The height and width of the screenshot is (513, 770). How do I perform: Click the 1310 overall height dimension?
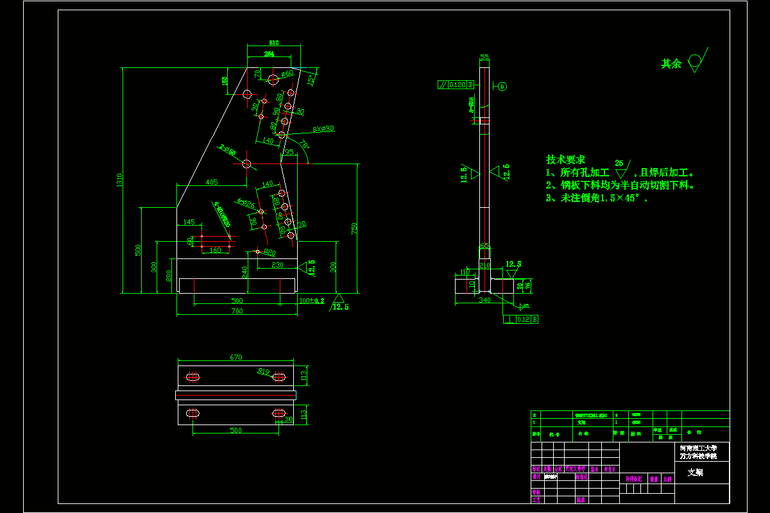pyautogui.click(x=119, y=181)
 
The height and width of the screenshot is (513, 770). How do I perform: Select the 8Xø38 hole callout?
pyautogui.click(x=323, y=128)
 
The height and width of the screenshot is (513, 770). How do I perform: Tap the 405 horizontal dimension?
pyautogui.click(x=212, y=182)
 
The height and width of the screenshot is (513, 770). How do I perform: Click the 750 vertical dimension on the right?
pyautogui.click(x=354, y=228)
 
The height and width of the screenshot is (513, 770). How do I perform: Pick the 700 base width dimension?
pyautogui.click(x=237, y=311)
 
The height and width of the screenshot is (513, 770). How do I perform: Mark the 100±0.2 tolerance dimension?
pyautogui.click(x=312, y=300)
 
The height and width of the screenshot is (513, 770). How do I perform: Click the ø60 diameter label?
pyautogui.click(x=287, y=74)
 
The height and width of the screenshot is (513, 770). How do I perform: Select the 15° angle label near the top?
pyautogui.click(x=312, y=80)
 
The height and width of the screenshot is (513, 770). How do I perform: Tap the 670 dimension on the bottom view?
pyautogui.click(x=235, y=357)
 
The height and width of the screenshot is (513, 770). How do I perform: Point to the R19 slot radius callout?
pyautogui.click(x=264, y=371)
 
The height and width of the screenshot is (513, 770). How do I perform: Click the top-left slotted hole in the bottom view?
pyautogui.click(x=193, y=376)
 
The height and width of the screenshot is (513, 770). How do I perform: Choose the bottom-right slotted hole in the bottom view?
pyautogui.click(x=278, y=414)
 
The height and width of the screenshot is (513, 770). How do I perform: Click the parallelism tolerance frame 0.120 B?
pyautogui.click(x=455, y=85)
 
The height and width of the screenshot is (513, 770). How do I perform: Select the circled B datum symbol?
pyautogui.click(x=502, y=86)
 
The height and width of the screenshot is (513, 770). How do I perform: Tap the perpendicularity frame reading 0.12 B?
pyautogui.click(x=520, y=319)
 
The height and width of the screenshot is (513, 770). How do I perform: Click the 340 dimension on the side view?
pyautogui.click(x=484, y=299)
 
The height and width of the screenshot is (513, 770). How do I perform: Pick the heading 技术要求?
pyautogui.click(x=565, y=160)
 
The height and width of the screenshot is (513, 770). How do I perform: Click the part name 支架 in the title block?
pyautogui.click(x=695, y=472)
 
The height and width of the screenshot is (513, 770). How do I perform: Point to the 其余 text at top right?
pyautogui.click(x=671, y=64)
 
